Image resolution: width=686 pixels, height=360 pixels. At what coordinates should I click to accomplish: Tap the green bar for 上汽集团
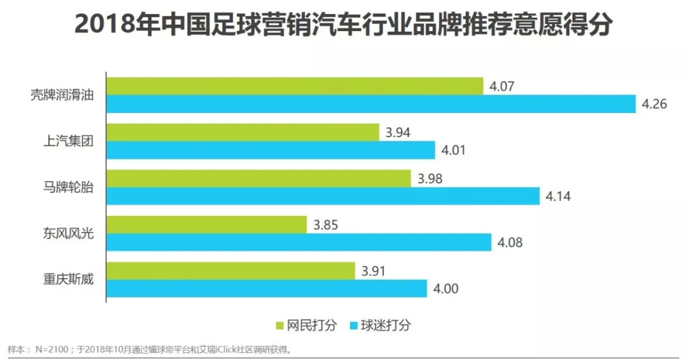coord(242,133)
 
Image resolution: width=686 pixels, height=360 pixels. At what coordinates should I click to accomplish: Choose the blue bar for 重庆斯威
coord(267,289)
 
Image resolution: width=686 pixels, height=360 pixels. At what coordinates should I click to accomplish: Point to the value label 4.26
coord(654,104)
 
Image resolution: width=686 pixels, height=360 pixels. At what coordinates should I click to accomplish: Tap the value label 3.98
coord(430,178)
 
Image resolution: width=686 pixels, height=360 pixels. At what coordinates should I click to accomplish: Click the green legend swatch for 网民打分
coord(279,326)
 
